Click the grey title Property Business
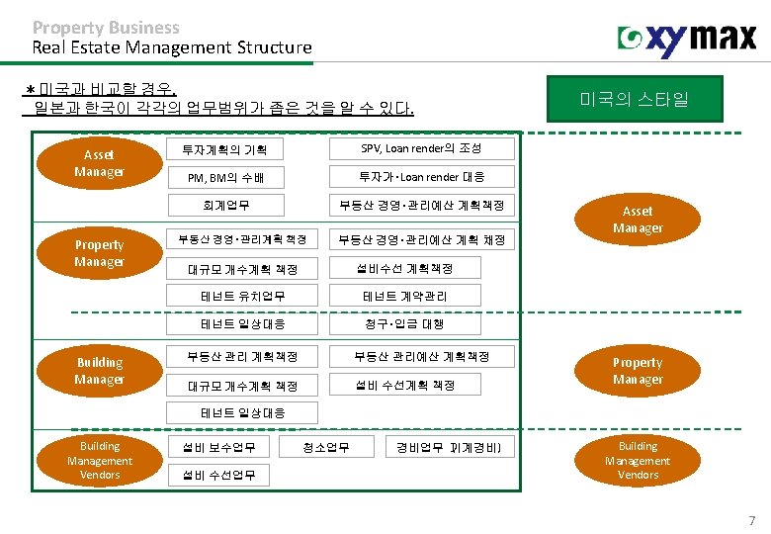pyautogui.click(x=106, y=28)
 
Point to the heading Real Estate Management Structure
pyautogui.click(x=171, y=46)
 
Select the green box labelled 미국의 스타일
pyautogui.click(x=635, y=99)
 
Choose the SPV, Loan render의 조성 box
pyautogui.click(x=421, y=148)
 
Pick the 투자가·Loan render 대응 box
pyautogui.click(x=421, y=177)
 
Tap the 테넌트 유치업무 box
pyautogui.click(x=243, y=296)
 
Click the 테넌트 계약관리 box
pyautogui.click(x=405, y=296)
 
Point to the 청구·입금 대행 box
pyautogui.click(x=405, y=323)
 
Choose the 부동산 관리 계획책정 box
pyautogui.click(x=243, y=356)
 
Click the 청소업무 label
pyautogui.click(x=328, y=448)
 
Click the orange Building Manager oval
pyautogui.click(x=99, y=371)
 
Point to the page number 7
pyautogui.click(x=751, y=520)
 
